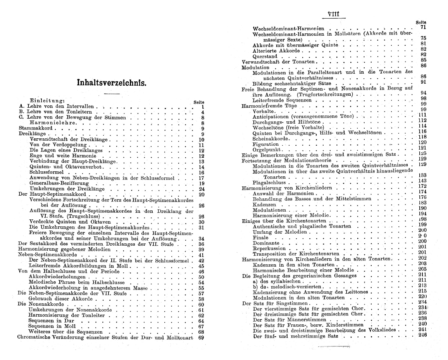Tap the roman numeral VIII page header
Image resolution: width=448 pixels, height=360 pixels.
click(x=333, y=14)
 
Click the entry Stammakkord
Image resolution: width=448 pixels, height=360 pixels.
click(x=36, y=128)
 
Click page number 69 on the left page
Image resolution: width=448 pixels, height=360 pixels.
click(x=201, y=338)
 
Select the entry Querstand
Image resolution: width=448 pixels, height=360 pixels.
click(x=265, y=56)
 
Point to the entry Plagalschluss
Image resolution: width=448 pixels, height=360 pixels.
click(x=269, y=183)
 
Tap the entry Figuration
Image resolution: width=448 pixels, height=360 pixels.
click(x=265, y=143)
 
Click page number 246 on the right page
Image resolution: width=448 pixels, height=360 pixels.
click(x=422, y=335)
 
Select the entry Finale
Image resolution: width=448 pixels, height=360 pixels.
click(x=260, y=237)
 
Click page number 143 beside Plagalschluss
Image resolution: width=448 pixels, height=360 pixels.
click(x=422, y=181)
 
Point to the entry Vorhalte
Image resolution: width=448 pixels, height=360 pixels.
click(x=263, y=111)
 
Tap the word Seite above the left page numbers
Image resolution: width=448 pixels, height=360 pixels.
click(x=198, y=102)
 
